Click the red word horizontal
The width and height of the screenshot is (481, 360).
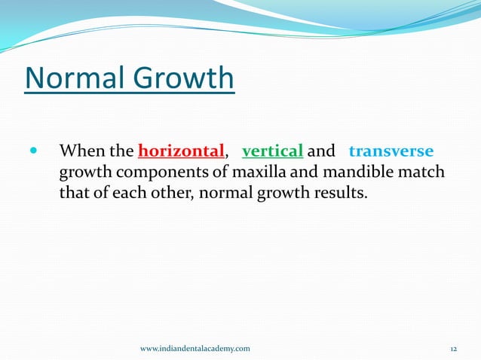point(182,151)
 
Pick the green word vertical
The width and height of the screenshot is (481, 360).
point(272,151)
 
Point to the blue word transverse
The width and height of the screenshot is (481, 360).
point(391,151)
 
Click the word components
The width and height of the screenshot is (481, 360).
point(159,172)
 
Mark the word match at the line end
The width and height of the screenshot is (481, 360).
point(424,172)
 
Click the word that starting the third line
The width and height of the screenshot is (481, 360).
point(73,194)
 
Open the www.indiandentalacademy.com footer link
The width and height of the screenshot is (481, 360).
point(195,348)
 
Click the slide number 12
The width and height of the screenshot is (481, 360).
point(454,348)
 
